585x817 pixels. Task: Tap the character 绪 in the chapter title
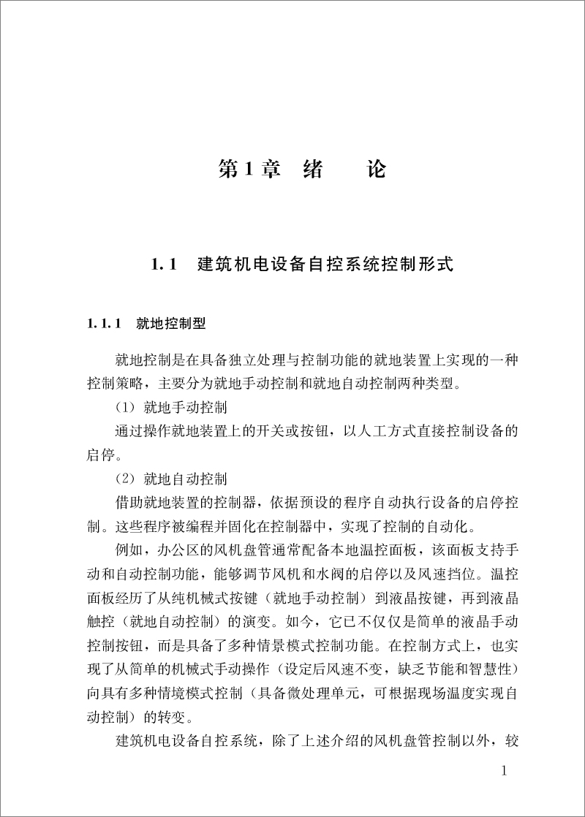(x=314, y=170)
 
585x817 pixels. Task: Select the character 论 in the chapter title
(x=375, y=170)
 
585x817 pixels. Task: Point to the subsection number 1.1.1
(x=105, y=322)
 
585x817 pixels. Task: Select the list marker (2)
(x=125, y=479)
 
